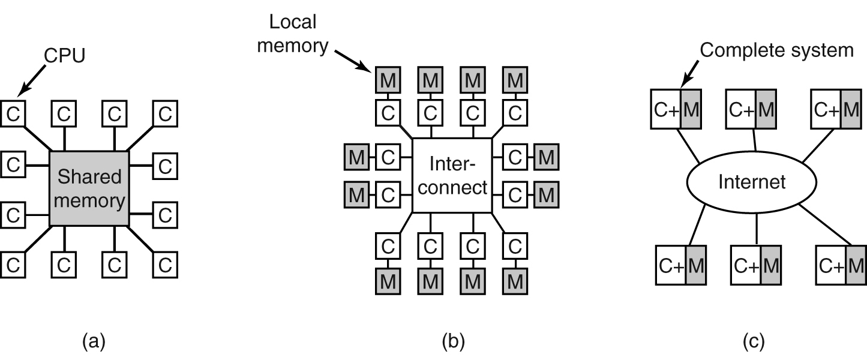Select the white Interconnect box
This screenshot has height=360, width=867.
pos(452,176)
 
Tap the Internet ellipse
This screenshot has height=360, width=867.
pos(751,181)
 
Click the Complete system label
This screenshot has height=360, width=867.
pos(776,50)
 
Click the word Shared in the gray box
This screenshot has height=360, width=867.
pos(89,177)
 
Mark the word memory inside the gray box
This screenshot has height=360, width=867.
pos(89,200)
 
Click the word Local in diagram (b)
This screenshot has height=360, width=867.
pos(292,22)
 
